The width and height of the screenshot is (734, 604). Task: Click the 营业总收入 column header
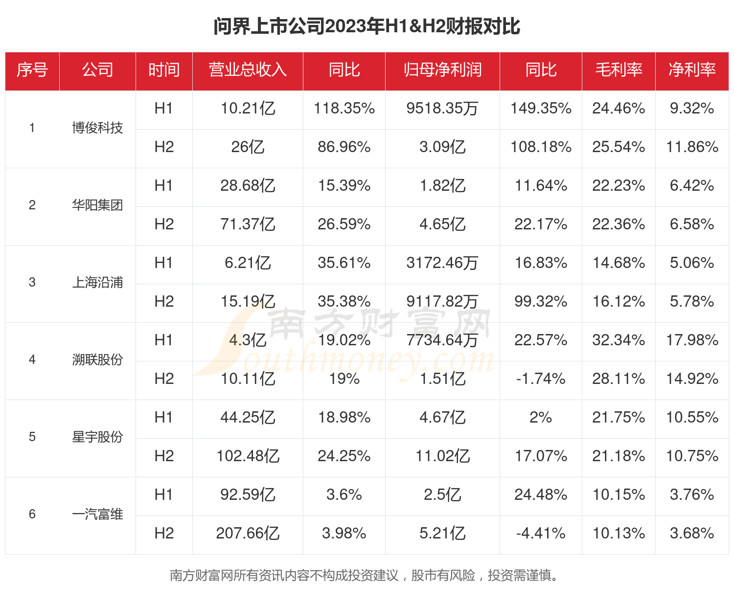click(x=248, y=70)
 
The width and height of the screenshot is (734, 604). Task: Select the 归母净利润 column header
click(x=442, y=70)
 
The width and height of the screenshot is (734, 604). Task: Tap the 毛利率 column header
click(x=619, y=70)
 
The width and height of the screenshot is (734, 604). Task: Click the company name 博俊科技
click(x=97, y=128)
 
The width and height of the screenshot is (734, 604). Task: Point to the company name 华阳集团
click(x=97, y=205)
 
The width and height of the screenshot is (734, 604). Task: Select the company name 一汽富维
click(x=97, y=515)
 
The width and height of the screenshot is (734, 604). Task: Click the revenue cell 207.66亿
click(x=248, y=534)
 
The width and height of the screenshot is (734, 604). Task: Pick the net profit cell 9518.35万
click(x=442, y=109)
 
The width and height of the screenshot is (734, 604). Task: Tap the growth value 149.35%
click(x=541, y=109)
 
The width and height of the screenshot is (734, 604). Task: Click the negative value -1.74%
click(x=541, y=379)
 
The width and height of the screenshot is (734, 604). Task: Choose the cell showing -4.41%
click(x=541, y=534)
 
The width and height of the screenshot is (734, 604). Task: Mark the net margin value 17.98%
click(x=692, y=340)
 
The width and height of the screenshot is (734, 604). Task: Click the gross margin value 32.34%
click(x=619, y=340)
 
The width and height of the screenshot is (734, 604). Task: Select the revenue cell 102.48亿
click(x=248, y=456)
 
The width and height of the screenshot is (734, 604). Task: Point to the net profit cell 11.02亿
click(x=442, y=456)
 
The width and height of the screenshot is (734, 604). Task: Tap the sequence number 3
click(x=32, y=283)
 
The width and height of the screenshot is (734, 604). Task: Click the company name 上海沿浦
click(x=97, y=283)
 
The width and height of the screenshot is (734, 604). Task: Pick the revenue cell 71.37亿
click(x=248, y=224)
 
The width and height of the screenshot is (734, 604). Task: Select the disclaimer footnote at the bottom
click(x=364, y=576)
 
